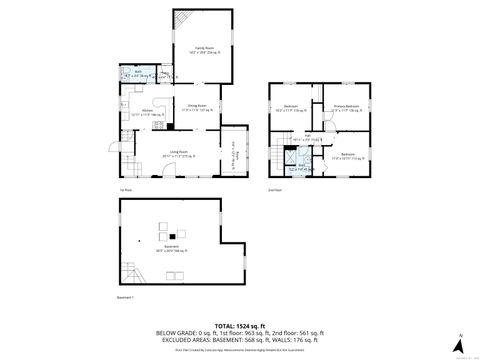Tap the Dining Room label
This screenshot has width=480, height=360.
[197, 106]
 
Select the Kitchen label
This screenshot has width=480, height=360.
[145, 112]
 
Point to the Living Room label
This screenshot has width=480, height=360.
[179, 153]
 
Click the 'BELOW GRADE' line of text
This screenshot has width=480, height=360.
[241, 332]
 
